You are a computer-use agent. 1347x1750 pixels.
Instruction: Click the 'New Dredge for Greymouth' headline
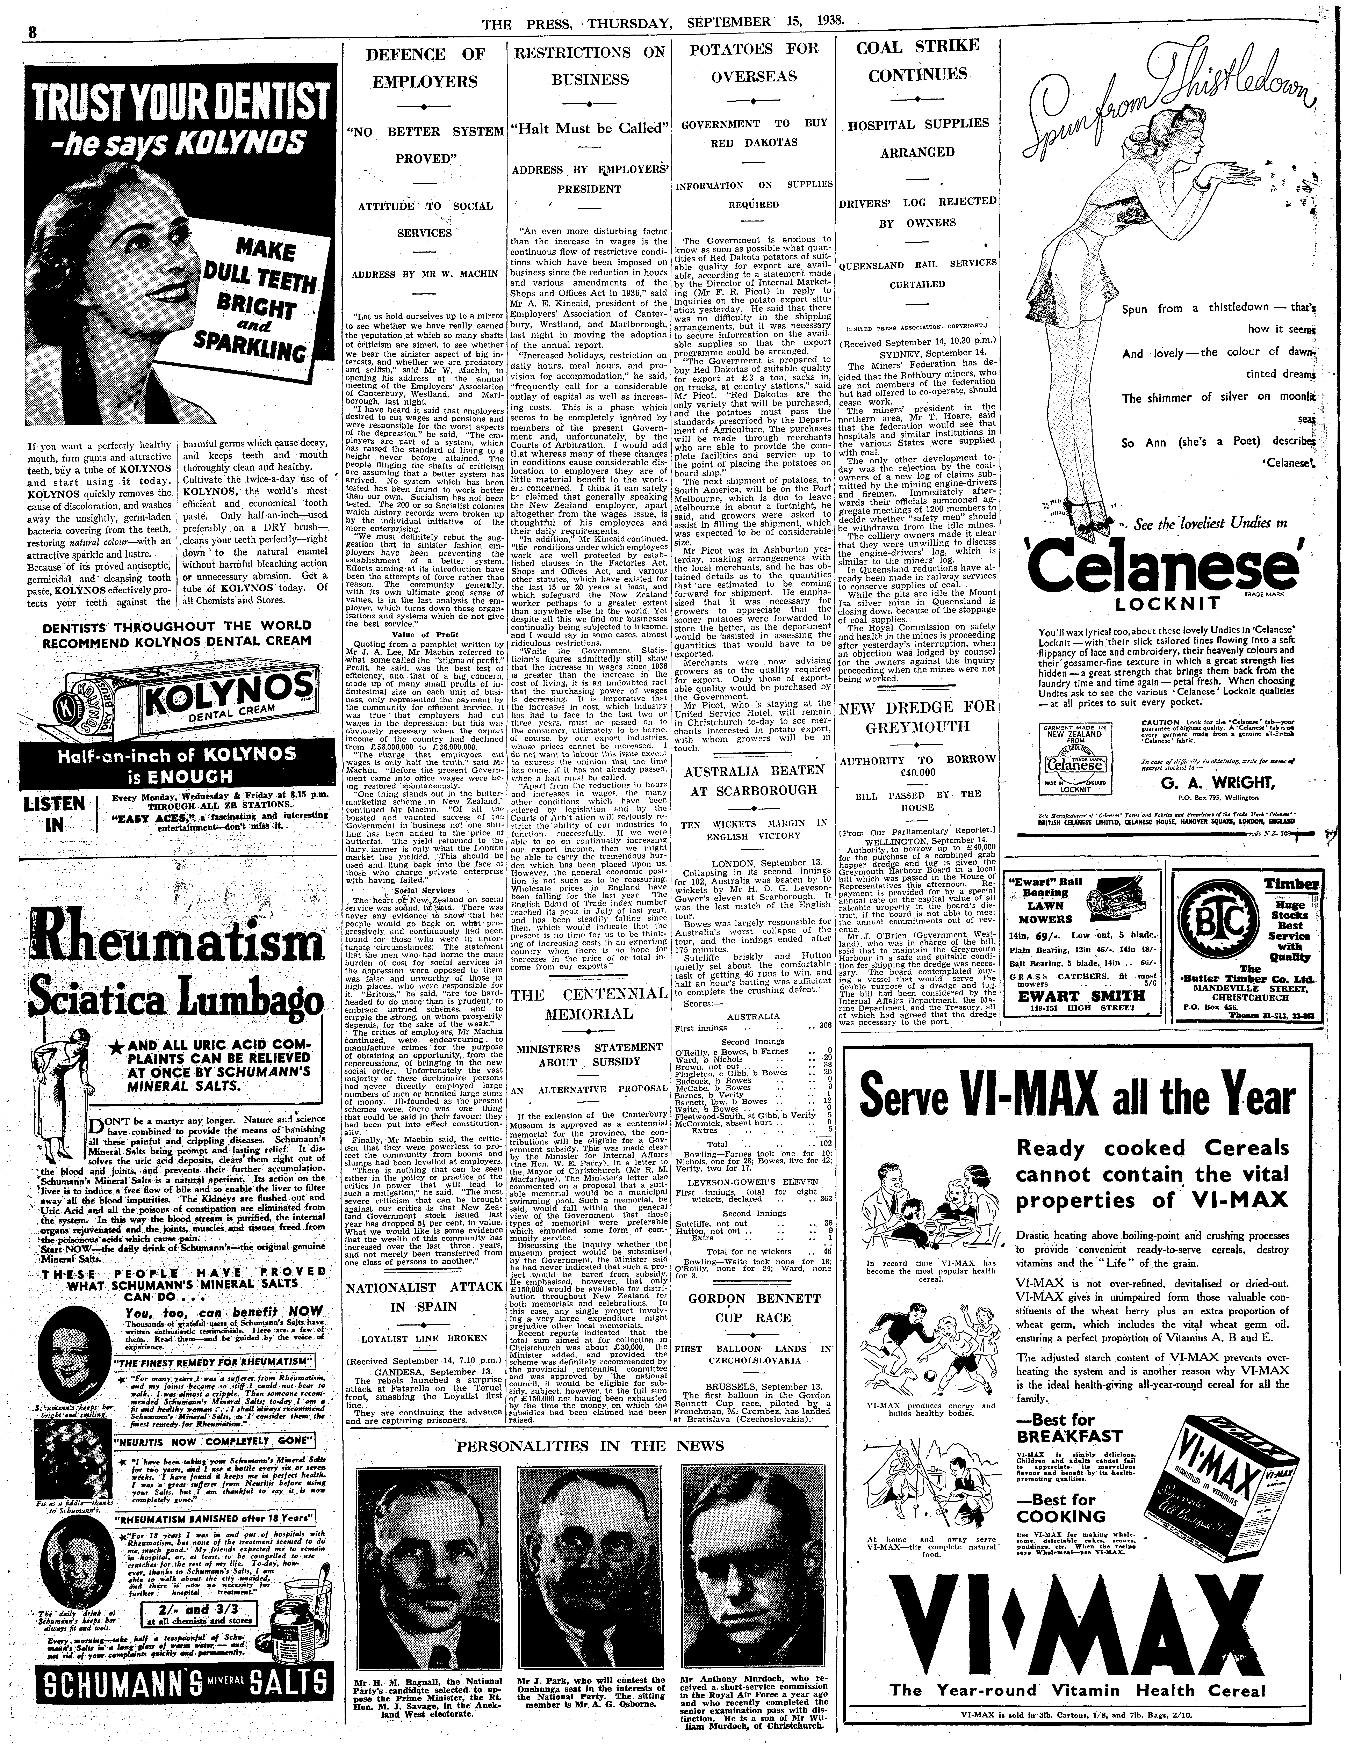pyautogui.click(x=916, y=717)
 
